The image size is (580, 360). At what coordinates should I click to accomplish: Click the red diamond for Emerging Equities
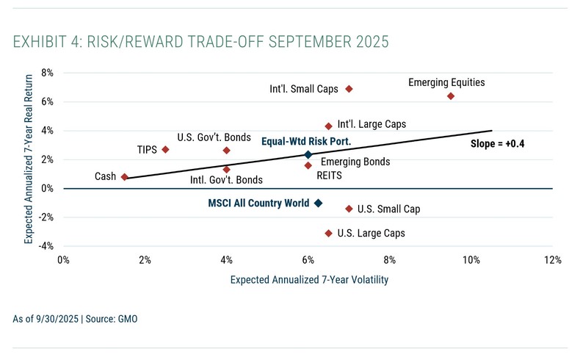click(x=450, y=96)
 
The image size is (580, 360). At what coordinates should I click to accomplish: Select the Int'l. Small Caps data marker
click(x=349, y=89)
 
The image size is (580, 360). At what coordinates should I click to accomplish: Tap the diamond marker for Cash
click(x=125, y=177)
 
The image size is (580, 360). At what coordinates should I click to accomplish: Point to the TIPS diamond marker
click(x=165, y=149)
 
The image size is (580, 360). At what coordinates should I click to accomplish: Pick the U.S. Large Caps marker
click(x=328, y=233)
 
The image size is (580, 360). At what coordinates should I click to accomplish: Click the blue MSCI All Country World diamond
click(x=318, y=203)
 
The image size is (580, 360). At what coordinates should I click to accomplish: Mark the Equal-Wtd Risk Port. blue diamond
click(x=308, y=155)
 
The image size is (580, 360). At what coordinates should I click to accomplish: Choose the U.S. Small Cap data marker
click(x=349, y=209)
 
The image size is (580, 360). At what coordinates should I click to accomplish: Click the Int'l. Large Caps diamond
click(x=328, y=126)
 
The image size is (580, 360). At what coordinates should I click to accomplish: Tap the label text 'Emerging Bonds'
click(x=355, y=162)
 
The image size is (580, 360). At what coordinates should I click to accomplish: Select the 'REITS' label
click(x=330, y=176)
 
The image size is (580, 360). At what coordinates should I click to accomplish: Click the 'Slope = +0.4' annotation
click(x=500, y=144)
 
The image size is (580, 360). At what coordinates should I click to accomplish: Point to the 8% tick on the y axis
click(x=46, y=73)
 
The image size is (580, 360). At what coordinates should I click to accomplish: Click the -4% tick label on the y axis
click(x=45, y=246)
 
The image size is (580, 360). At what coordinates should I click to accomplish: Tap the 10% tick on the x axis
click(x=471, y=259)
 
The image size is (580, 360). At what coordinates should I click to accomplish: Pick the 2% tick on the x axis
click(x=145, y=259)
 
